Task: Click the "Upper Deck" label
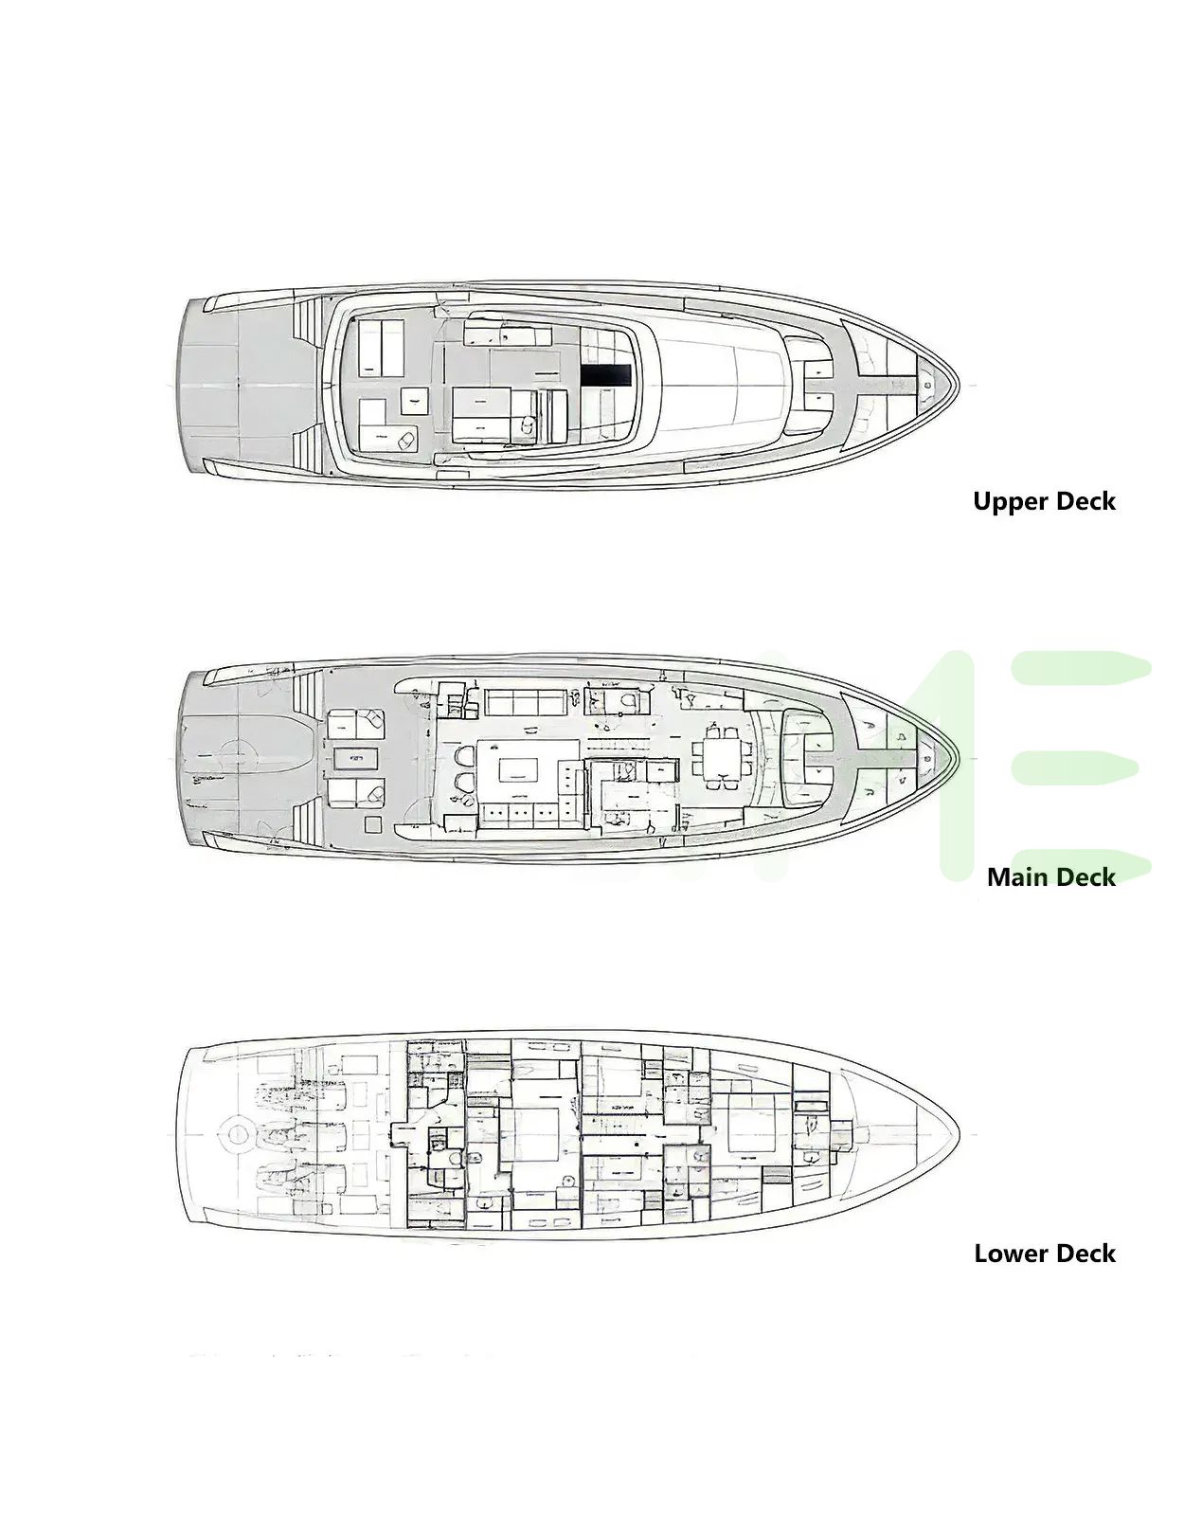(1044, 501)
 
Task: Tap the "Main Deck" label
(1051, 877)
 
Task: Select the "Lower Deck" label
(1045, 1254)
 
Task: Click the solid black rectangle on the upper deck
(606, 375)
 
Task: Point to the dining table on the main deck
(723, 757)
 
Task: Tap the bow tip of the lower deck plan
(960, 1135)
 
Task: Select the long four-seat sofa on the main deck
(526, 702)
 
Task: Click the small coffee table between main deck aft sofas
(355, 758)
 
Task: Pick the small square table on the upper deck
(414, 401)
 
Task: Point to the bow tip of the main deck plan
(960, 758)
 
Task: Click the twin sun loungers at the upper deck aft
(381, 348)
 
